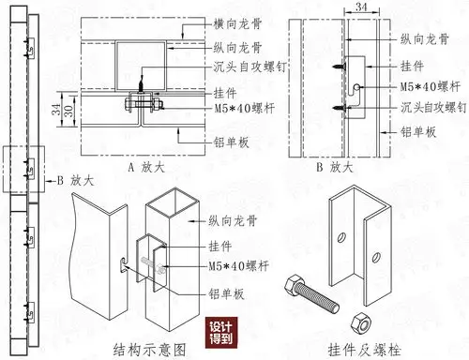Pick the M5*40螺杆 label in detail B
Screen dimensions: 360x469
click(x=424, y=86)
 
